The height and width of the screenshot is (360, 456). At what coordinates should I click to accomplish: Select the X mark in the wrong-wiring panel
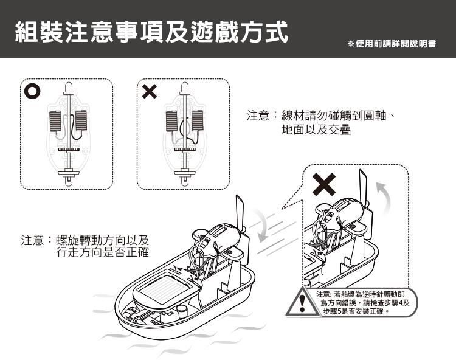[149, 92]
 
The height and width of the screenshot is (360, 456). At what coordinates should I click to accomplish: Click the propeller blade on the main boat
[240, 216]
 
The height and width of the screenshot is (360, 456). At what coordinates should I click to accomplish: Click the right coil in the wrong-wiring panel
[198, 121]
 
